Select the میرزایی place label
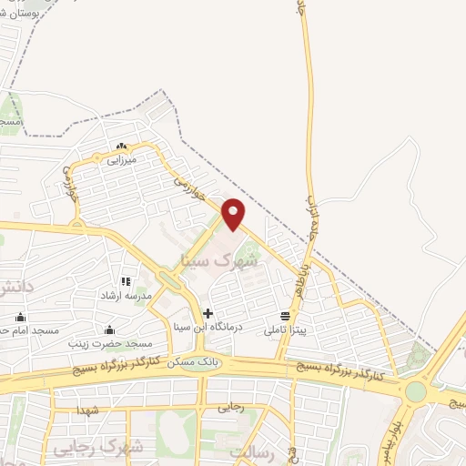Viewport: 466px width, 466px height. pos(121,160)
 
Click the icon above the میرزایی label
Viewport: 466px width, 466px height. pos(121,147)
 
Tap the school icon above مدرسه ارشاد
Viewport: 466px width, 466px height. pos(127,282)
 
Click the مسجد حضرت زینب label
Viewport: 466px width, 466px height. pos(111,344)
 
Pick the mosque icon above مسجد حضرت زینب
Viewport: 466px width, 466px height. pos(110,329)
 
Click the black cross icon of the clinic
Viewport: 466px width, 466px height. pos(208,313)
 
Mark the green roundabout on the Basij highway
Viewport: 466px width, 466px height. pos(416,391)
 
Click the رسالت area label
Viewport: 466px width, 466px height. pos(252,451)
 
